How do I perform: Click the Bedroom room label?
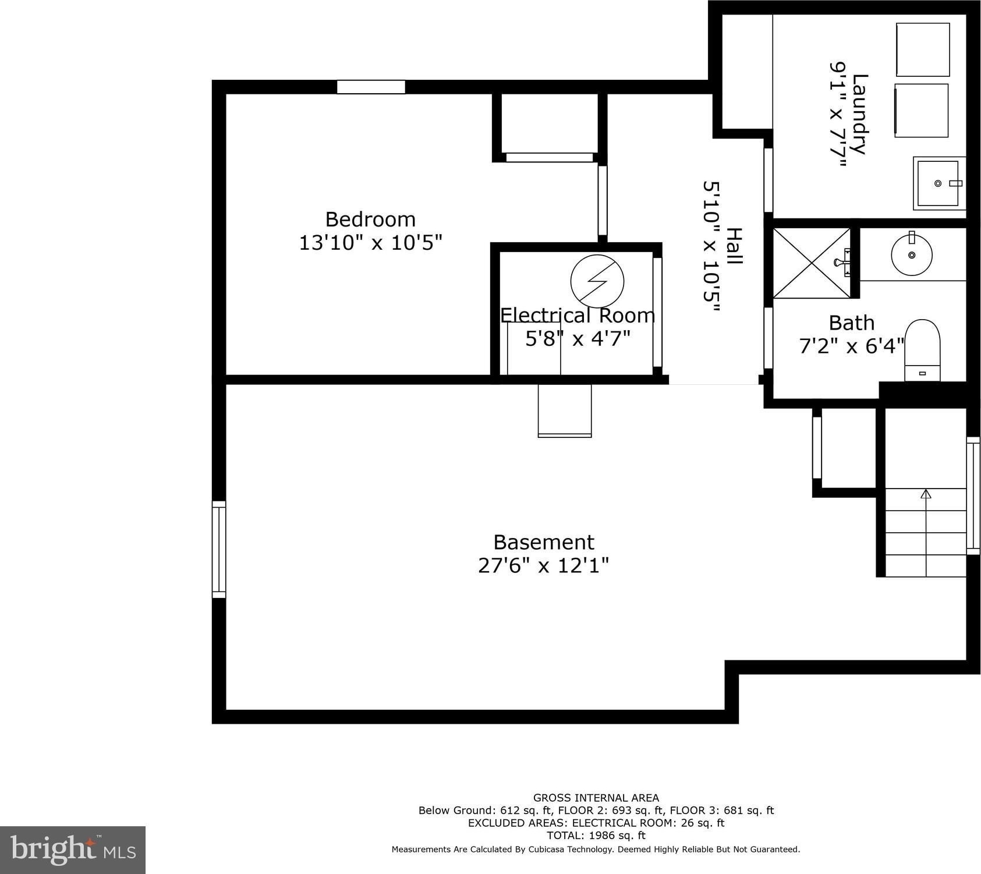tap(370, 219)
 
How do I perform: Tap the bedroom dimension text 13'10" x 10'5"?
tap(370, 242)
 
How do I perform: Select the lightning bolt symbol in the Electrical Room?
tap(597, 281)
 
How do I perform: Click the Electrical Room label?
tap(578, 315)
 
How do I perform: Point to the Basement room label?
tap(544, 542)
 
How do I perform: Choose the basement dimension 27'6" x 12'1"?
tap(544, 565)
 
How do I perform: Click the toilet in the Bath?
tap(922, 350)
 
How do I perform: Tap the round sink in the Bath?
tap(912, 254)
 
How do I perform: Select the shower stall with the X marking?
tap(811, 263)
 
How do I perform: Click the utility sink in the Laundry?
tap(938, 183)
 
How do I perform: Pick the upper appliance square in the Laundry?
tap(923, 49)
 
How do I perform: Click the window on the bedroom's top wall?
tap(371, 87)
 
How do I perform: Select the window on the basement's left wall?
tap(218, 549)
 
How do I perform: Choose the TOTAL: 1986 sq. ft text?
tap(596, 836)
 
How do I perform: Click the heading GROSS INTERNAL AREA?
tap(596, 798)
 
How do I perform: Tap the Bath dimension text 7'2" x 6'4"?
tap(852, 346)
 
